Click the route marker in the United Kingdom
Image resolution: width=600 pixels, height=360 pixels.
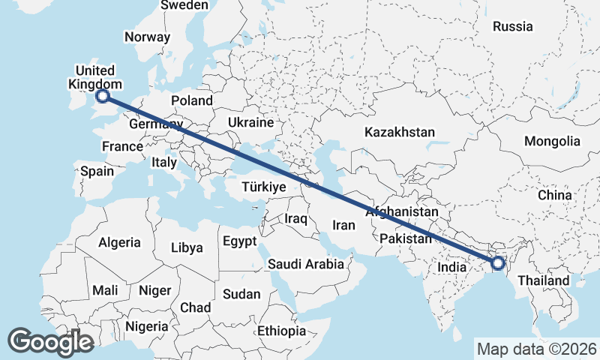103,95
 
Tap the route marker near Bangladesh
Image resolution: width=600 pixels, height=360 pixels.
497,262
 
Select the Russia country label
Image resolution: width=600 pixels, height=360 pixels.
512,26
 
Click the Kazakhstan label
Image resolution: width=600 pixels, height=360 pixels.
400,132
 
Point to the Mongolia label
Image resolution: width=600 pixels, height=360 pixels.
552,141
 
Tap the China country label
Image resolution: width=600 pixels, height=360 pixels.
554,195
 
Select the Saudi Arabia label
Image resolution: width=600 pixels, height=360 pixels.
305,264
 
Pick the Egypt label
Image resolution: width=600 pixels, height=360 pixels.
239,241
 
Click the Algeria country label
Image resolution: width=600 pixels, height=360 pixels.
119,242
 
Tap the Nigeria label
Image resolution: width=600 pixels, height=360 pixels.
146,326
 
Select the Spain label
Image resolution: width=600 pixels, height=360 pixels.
97,171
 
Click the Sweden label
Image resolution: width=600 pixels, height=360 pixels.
184,5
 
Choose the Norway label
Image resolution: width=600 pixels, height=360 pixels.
148,37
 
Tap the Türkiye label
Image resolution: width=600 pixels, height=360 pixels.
264,187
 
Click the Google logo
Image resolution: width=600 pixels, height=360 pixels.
50,341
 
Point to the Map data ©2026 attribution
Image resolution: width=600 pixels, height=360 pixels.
536,349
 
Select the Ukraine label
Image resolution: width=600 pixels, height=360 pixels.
251,122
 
